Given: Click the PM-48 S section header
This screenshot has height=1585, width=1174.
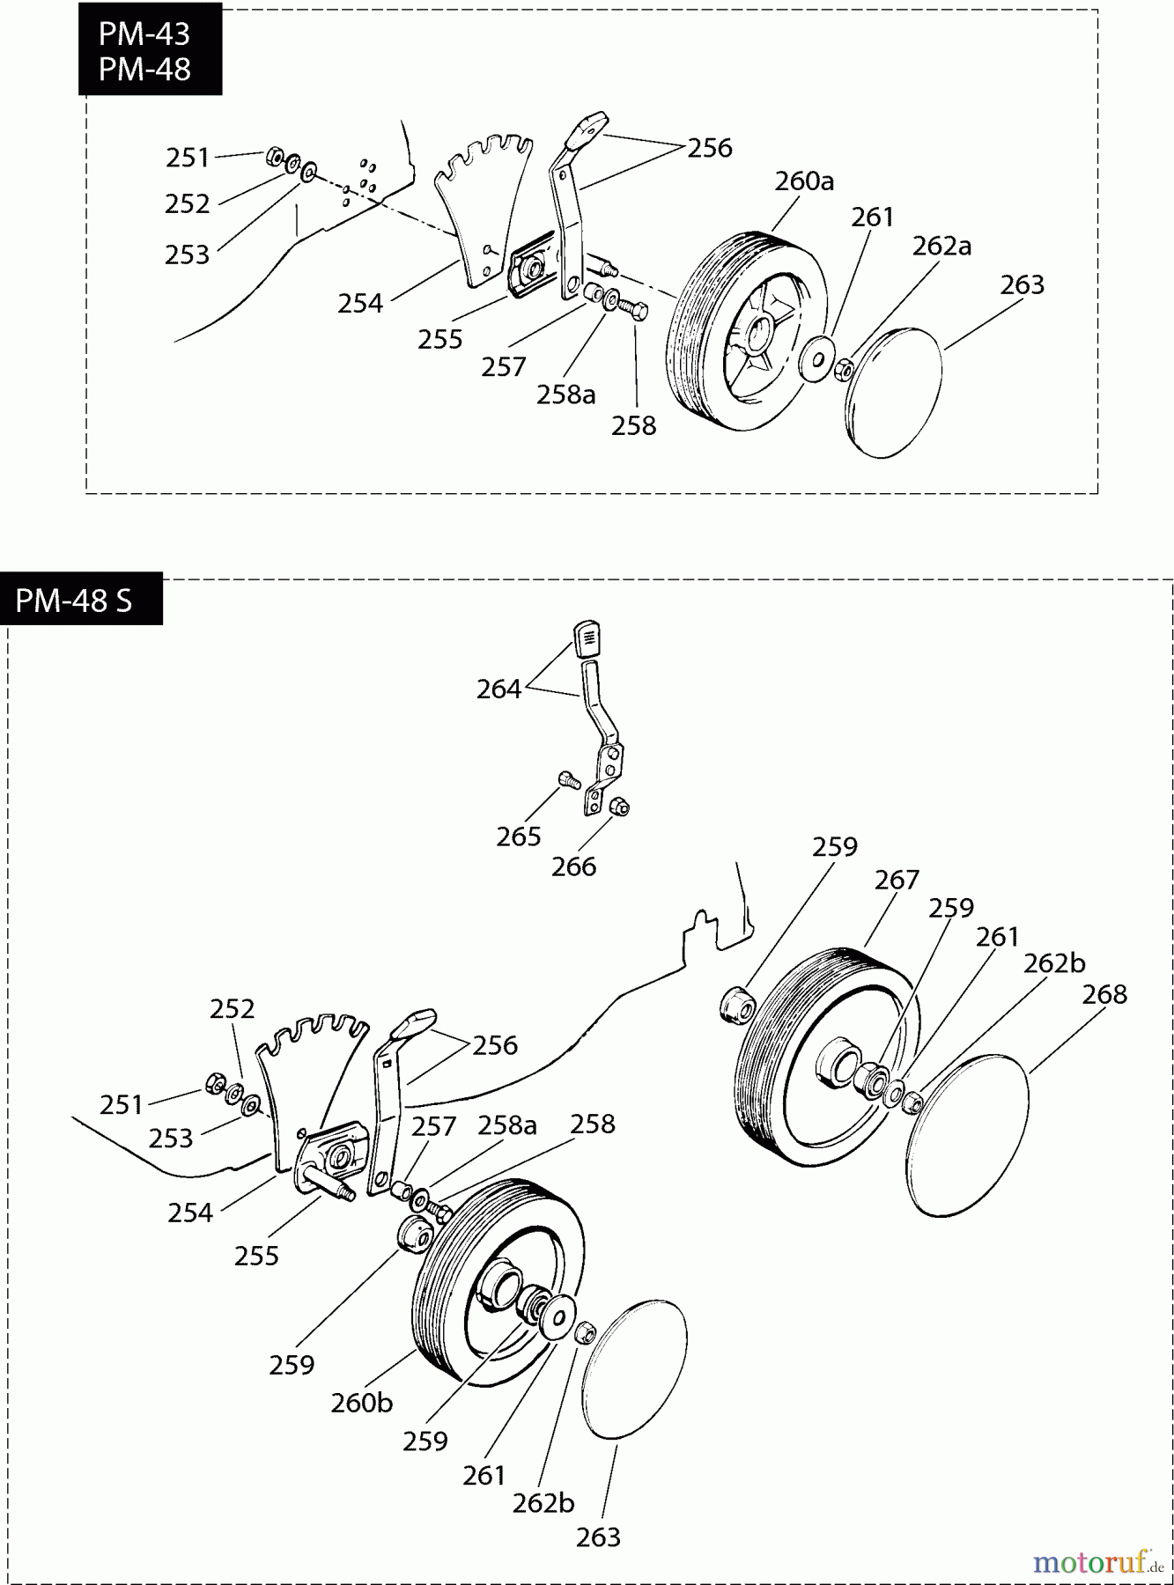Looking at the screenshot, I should coord(75,600).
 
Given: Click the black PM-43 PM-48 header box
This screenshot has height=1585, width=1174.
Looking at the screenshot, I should coord(146,50).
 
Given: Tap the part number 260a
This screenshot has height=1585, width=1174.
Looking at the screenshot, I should coord(803,181).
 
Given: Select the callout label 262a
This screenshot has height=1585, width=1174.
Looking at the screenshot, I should coord(941,246).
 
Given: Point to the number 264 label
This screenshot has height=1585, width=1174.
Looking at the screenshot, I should coord(498,689).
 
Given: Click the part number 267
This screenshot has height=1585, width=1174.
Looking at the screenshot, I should coord(897,880).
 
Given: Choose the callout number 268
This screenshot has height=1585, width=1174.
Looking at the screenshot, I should coord(1104,994).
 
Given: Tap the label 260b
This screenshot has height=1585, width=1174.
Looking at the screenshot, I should coord(361,1402).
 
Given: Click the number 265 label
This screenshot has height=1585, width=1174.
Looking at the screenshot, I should coord(518,836).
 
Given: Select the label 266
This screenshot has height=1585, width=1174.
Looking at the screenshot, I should coord(573,866).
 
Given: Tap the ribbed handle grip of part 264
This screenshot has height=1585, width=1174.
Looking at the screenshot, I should coord(587,638).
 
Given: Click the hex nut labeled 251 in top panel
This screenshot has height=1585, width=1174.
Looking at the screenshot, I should coord(274,158).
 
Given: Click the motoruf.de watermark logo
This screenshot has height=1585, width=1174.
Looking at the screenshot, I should coord(1096,1561).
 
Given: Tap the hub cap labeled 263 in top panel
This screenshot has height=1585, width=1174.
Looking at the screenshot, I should coord(894,393).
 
